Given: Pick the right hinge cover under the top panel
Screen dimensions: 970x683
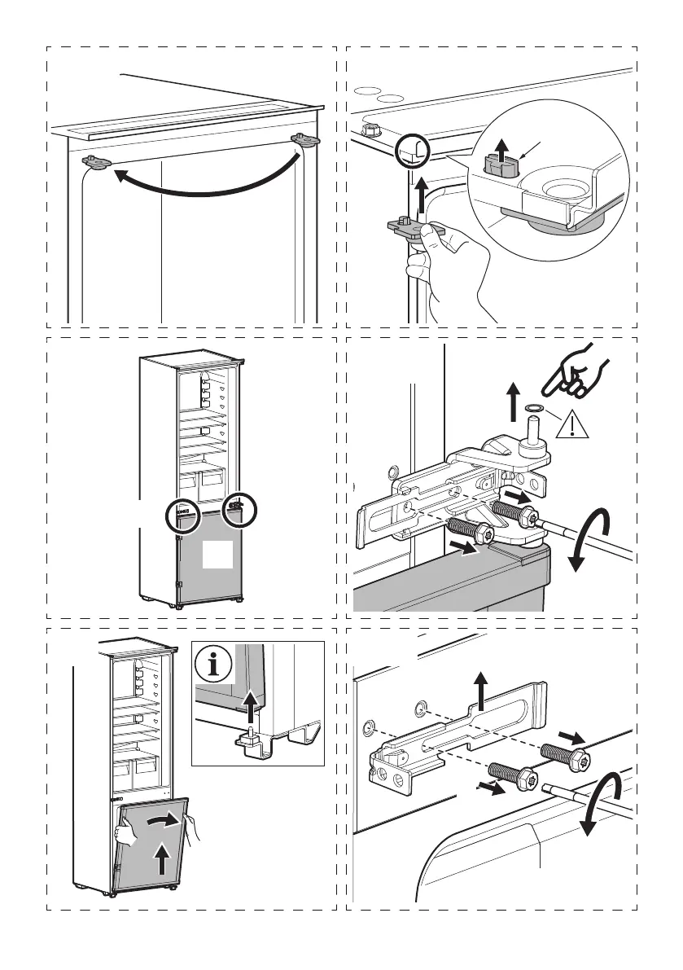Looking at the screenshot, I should (x=306, y=140).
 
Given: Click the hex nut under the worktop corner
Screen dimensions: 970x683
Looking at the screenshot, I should (x=368, y=129).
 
